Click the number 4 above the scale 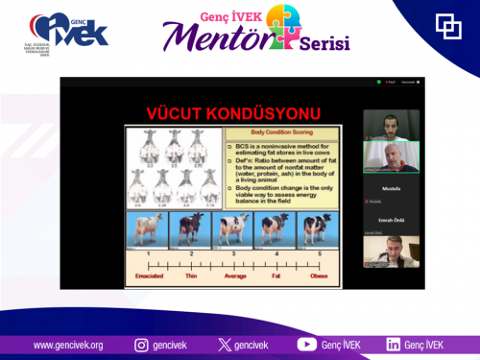(275, 252)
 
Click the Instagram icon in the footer (140, 345)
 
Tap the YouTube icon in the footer (307, 345)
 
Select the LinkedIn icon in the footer (394, 345)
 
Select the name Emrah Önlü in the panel (391, 219)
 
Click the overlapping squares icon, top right (448, 26)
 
